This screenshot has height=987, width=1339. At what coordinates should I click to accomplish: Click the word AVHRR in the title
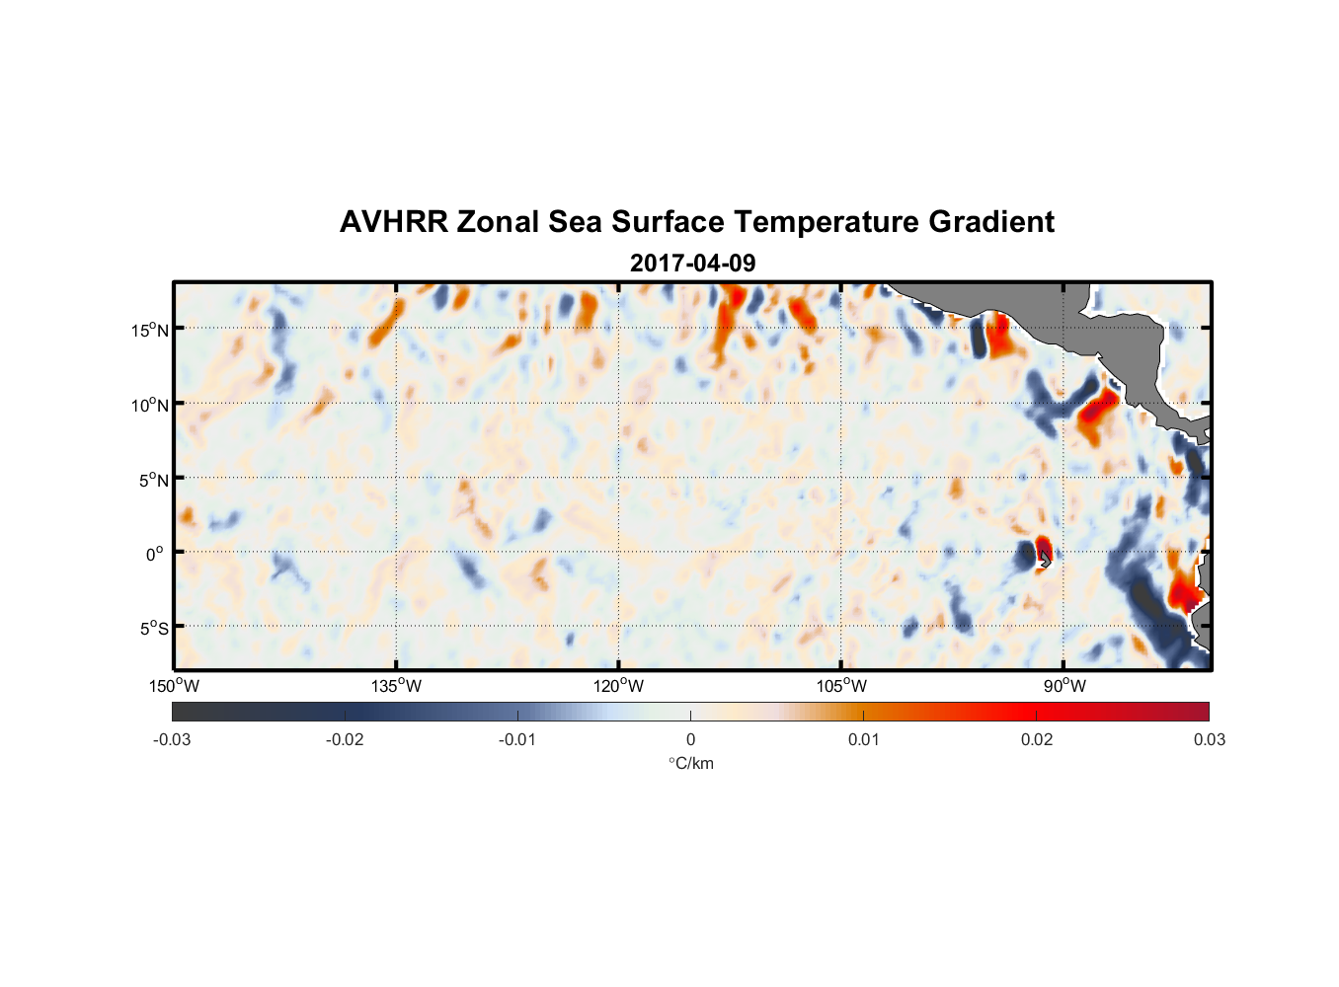(393, 222)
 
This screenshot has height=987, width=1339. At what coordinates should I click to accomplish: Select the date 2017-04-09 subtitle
(692, 263)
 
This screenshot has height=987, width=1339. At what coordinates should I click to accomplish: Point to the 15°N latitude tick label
(149, 330)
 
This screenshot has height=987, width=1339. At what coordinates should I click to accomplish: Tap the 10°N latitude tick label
(149, 405)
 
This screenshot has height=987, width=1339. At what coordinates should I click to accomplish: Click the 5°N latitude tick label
(153, 480)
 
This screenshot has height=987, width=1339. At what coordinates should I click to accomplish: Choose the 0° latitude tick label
(156, 554)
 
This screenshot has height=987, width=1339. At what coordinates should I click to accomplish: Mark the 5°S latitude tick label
(153, 629)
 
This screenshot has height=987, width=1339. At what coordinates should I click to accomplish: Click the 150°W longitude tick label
(174, 686)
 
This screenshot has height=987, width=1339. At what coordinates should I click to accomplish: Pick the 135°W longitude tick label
(397, 686)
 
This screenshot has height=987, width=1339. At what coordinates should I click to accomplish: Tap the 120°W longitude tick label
(619, 686)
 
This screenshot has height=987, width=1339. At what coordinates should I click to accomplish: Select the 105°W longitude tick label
(841, 686)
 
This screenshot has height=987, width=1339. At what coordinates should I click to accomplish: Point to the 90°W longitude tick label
(1063, 686)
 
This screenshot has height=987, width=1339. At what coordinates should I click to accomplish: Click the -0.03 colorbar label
(172, 739)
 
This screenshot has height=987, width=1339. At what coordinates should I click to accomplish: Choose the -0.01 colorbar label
(517, 739)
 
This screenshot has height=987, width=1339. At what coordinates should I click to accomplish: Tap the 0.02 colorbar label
(1037, 739)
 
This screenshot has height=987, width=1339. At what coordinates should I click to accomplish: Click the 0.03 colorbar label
(1209, 739)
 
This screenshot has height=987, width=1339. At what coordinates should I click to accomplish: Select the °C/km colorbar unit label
(691, 763)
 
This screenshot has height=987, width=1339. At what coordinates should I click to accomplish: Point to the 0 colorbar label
(690, 739)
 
